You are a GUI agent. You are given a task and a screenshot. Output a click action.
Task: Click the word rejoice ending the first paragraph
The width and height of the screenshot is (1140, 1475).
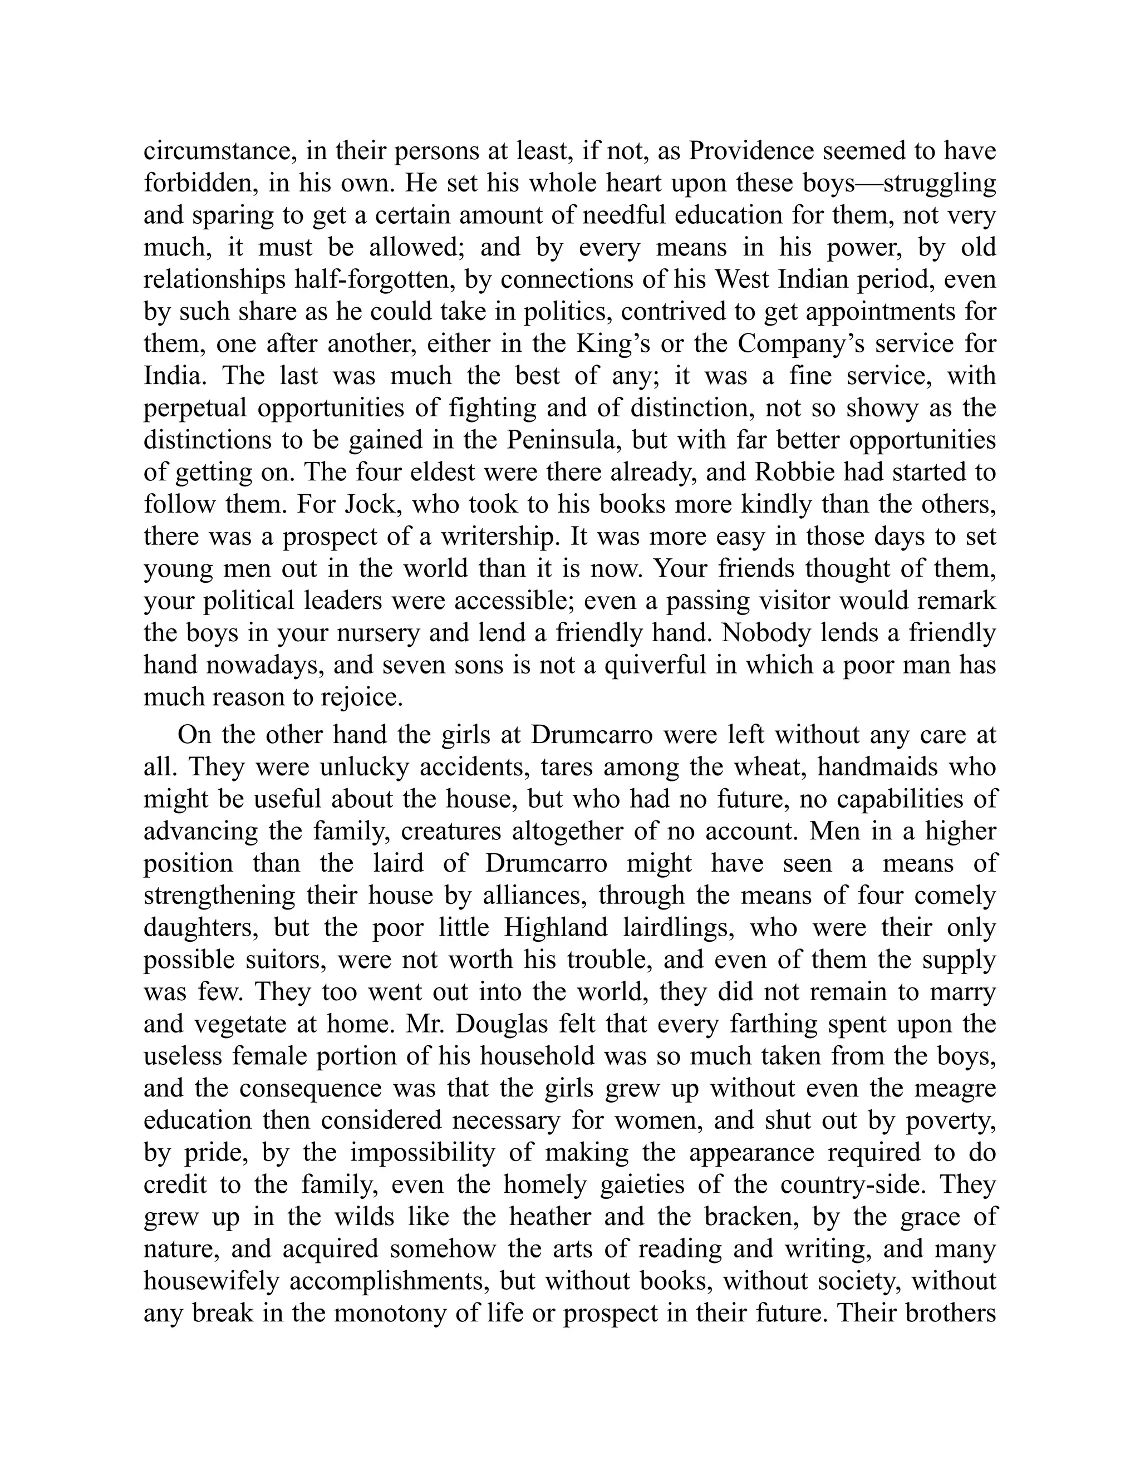click(x=361, y=697)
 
